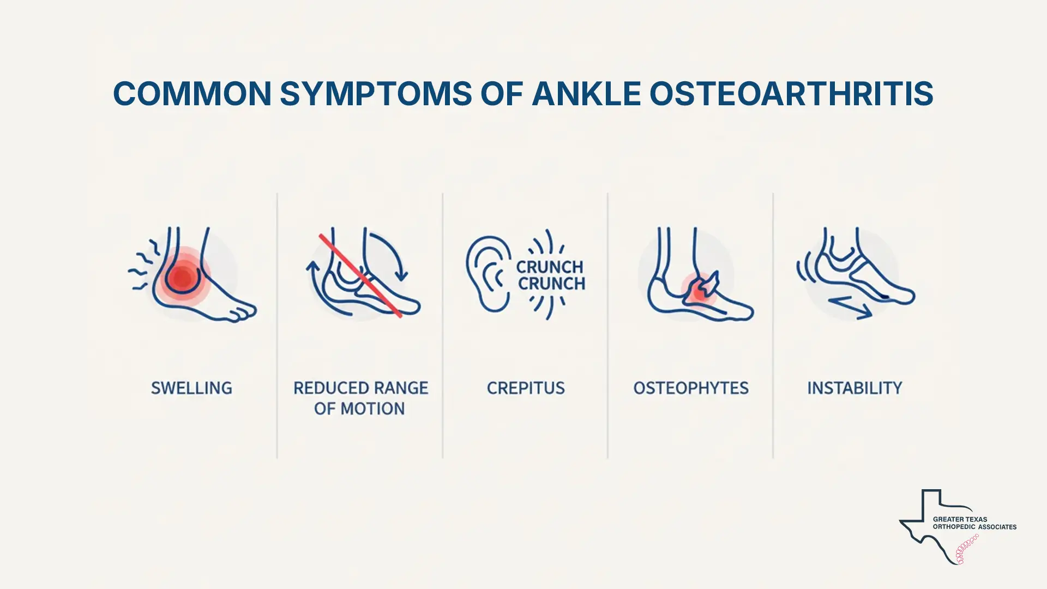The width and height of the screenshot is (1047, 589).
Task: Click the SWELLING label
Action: tap(191, 388)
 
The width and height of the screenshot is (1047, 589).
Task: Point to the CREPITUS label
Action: tap(526, 388)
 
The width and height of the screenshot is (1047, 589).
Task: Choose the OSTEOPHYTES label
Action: tap(691, 388)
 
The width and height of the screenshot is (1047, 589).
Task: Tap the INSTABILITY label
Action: tap(855, 388)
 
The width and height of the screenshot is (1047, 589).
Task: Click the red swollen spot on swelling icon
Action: tap(182, 278)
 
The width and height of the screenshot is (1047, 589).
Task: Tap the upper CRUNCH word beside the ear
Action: tap(550, 267)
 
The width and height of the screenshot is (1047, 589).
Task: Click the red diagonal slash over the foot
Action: tap(360, 275)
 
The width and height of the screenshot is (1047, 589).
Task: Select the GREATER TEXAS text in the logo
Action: tap(960, 519)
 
